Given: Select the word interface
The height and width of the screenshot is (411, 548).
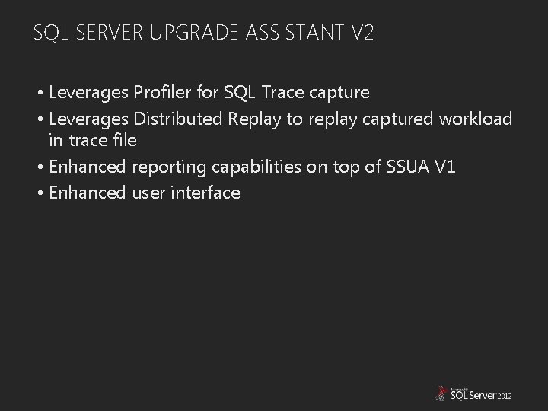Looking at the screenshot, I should tap(203, 193).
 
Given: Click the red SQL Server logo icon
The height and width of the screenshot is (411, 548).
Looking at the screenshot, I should tap(440, 393).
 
